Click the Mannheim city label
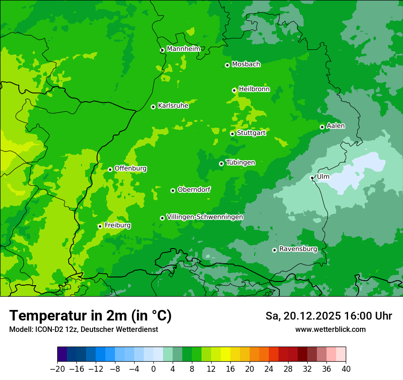183,49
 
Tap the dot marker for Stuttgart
232,134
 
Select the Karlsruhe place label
173,106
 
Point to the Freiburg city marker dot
100,226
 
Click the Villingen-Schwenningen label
205,217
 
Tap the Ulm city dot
312,178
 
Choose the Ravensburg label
298,249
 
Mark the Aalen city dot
322,127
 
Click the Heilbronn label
254,89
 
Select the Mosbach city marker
227,65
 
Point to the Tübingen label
240,163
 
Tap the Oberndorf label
194,190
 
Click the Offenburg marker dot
110,169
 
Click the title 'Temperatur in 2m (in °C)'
90,316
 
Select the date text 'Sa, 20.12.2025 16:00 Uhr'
328,316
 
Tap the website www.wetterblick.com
330,329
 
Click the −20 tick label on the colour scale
57,369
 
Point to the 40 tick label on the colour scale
346,369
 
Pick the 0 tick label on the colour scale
153,369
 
